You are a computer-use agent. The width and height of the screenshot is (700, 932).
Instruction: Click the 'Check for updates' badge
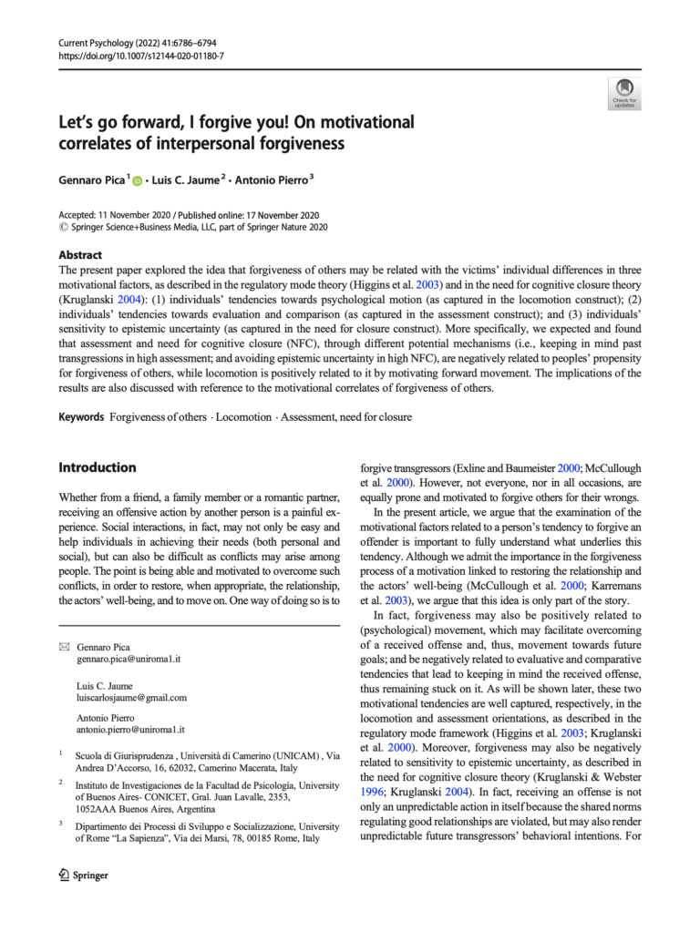625,93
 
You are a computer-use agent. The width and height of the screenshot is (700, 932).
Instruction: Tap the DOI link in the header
140,56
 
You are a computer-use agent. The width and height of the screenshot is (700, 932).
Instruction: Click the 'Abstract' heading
80,256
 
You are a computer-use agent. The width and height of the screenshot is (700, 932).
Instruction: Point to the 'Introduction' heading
98,467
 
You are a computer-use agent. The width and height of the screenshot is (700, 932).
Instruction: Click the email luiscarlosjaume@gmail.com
132,699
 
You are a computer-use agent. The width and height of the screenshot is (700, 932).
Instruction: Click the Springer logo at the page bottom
83,876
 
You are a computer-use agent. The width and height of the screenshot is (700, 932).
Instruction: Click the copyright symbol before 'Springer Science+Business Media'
63,228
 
